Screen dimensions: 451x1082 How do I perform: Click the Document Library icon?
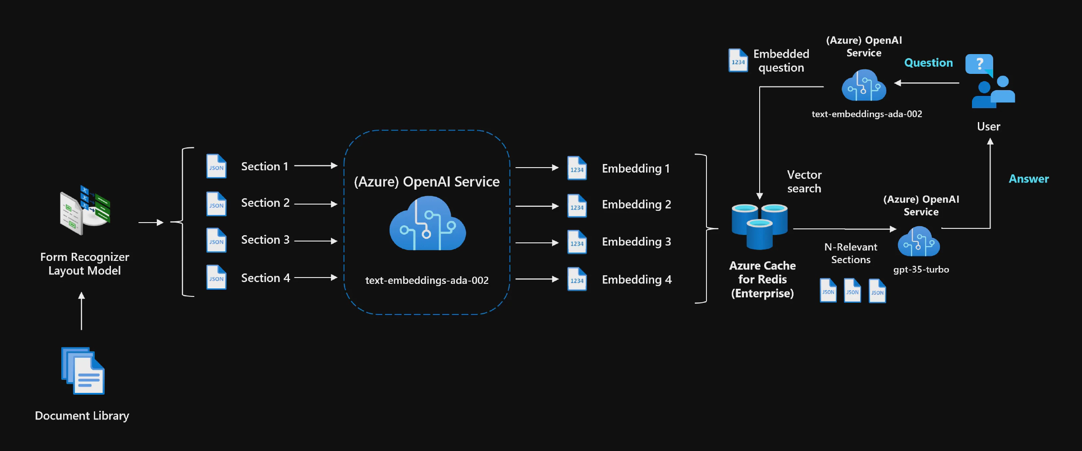pos(83,370)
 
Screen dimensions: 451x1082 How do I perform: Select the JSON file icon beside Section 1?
pos(216,166)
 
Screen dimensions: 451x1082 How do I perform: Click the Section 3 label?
pos(265,240)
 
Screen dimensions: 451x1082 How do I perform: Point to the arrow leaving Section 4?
pos(316,278)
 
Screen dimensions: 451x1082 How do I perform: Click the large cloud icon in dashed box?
pos(427,224)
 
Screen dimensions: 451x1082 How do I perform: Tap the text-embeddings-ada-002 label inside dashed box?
pos(426,280)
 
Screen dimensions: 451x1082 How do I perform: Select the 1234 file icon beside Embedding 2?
pos(577,206)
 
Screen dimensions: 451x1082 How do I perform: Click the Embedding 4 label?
pos(637,280)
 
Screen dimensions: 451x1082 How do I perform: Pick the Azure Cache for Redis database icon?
pos(760,226)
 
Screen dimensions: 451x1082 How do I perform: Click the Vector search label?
pos(804,182)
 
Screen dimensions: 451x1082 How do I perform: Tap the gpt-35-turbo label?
pos(921,269)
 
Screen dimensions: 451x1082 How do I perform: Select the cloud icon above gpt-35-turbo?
pos(919,242)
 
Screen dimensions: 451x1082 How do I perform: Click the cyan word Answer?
pos(1029,179)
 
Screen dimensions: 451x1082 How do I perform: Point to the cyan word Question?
pos(928,63)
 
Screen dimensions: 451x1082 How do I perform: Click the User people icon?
pos(994,92)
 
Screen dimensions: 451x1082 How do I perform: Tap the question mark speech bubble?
pos(979,64)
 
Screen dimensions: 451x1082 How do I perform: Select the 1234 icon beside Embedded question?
pos(738,61)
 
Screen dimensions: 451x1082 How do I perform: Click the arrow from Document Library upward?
pos(82,311)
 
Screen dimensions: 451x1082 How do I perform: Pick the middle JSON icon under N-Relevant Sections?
pos(852,291)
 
